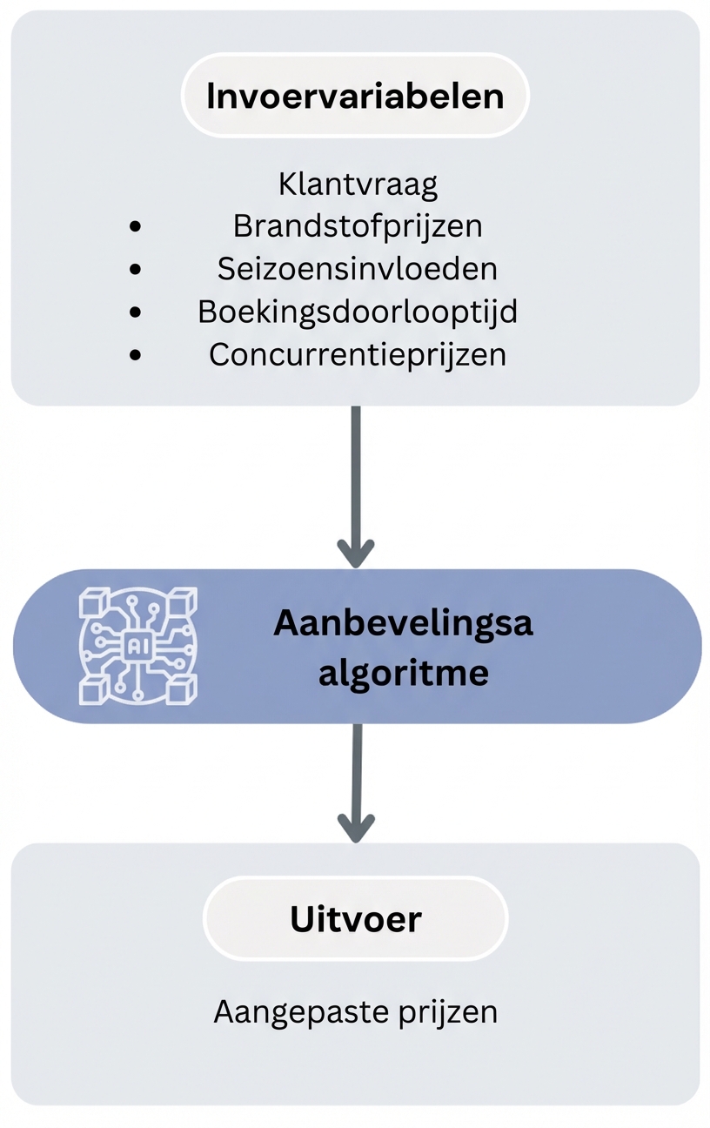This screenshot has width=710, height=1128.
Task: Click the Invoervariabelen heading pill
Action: coord(355,96)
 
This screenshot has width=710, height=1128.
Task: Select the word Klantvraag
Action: coord(358,185)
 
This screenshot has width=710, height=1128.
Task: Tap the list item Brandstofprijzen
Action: coord(358,226)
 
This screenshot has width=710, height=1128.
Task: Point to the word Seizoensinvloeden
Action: coord(358,268)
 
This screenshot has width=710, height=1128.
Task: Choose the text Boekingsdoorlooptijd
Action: coord(358,311)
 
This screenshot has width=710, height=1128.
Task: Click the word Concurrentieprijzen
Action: coord(358,354)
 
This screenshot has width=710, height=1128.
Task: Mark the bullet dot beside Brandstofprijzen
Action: coord(135,226)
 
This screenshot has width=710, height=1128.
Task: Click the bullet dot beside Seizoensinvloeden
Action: coord(135,269)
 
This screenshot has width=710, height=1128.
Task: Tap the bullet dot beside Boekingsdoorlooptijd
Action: coord(135,312)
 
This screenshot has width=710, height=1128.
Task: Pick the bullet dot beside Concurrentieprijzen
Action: coord(135,354)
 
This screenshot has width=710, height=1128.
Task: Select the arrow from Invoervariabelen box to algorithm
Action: coord(355,487)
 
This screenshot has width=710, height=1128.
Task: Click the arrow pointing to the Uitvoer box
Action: coord(355,783)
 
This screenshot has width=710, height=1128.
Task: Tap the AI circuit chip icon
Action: coord(137,646)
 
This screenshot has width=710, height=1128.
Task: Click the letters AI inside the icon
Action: coord(137,646)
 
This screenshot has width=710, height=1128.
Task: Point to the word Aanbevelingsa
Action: coord(403,623)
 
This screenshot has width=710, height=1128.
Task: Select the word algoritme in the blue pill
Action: coord(403,672)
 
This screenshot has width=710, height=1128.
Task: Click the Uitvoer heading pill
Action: coord(355,919)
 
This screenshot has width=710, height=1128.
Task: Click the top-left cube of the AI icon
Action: coord(91,602)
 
